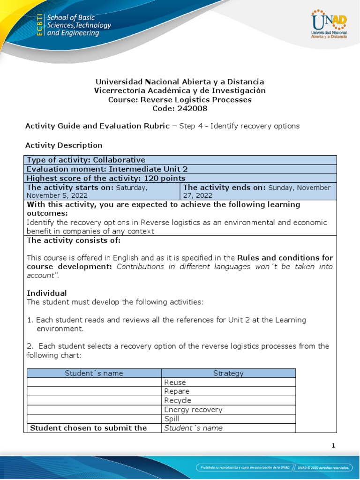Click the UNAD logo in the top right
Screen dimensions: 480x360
329,25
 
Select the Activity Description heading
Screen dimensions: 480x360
64,145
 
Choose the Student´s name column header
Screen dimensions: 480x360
94,373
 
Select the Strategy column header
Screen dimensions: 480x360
228,373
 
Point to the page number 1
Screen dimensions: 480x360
333,446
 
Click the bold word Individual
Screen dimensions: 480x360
47,293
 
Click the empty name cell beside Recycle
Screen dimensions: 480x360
94,400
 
